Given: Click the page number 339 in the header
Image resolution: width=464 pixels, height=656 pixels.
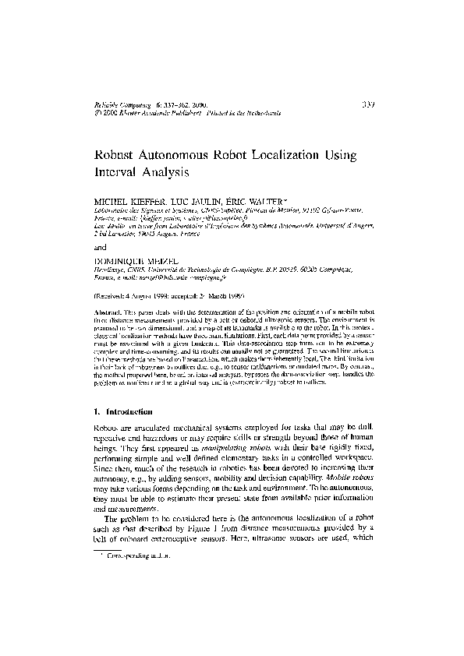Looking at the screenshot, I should pyautogui.click(x=370, y=102).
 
